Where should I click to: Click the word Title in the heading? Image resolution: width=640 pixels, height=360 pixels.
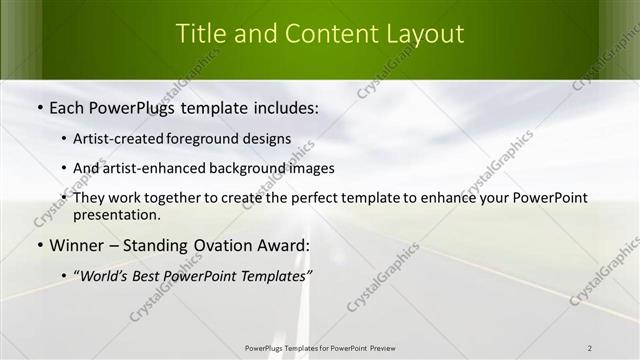(x=200, y=33)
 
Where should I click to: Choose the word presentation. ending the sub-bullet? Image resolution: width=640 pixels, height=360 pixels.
(x=116, y=215)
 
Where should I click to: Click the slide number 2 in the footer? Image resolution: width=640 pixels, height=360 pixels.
(x=590, y=348)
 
